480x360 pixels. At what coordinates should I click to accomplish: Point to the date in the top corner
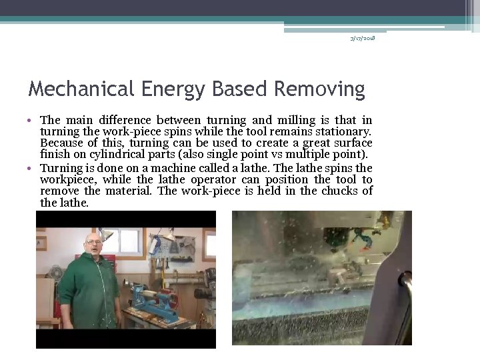click(x=363, y=38)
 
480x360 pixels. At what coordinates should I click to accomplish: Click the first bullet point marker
click(x=31, y=121)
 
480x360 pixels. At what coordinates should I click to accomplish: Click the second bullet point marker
click(x=31, y=169)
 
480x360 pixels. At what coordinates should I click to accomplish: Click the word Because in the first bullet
click(x=60, y=143)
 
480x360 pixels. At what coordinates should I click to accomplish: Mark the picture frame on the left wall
click(x=41, y=243)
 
